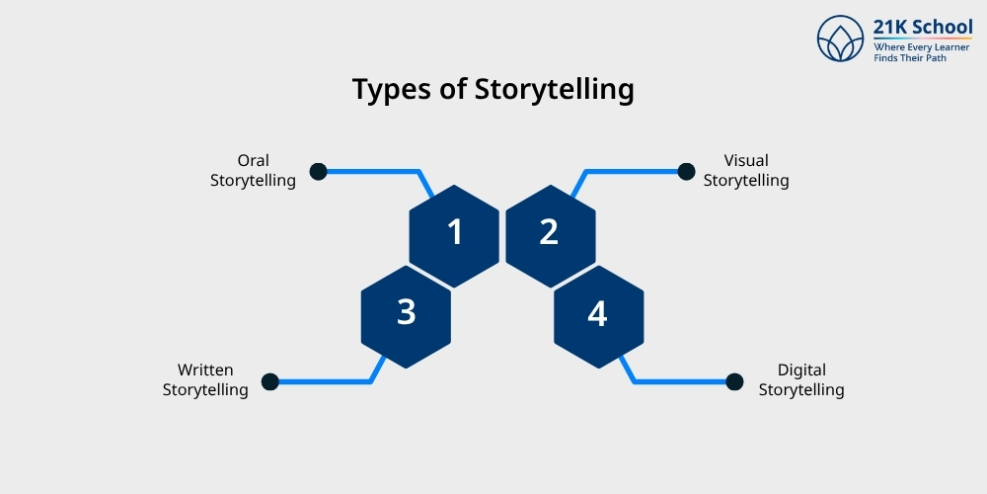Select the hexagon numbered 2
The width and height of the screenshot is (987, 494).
(550, 233)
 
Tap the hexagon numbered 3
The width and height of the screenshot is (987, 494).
(406, 312)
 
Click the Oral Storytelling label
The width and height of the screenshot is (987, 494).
(253, 170)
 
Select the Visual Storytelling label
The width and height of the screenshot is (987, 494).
(745, 170)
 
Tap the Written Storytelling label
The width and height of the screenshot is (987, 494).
(205, 379)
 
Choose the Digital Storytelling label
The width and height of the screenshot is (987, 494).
(800, 379)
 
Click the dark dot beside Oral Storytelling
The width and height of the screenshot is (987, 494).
(318, 171)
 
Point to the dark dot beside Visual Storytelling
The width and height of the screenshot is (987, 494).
(686, 171)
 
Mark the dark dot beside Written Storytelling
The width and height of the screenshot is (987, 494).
(269, 381)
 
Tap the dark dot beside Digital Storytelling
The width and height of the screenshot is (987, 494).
(733, 381)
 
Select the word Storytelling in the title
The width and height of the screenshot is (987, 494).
(554, 90)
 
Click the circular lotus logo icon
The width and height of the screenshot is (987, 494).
(841, 39)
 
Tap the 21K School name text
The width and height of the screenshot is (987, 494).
(923, 27)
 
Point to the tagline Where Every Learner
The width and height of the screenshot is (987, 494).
(923, 46)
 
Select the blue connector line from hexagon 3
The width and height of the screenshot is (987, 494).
(326, 381)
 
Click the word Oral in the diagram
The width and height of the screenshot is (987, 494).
(253, 160)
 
